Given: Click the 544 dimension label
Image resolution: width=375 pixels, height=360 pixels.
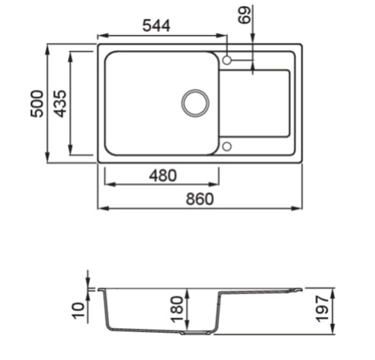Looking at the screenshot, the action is [156, 26].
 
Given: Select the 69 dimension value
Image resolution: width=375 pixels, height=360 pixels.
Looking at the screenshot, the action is [245, 15].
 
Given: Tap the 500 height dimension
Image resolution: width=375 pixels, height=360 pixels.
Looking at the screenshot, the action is [37, 104].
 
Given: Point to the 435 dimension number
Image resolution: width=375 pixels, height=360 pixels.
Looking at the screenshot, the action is [60, 104].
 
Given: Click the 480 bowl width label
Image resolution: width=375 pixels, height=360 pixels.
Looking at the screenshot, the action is [162, 175].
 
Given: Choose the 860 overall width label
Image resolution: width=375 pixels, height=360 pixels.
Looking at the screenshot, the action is [200, 199].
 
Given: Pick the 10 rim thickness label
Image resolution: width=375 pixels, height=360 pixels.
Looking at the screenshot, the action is [79, 310].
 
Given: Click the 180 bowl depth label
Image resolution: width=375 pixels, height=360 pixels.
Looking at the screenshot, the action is [177, 310].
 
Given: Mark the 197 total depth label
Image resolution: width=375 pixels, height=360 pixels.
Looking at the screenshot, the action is [322, 308].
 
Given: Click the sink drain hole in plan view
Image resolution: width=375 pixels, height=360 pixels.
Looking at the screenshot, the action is [195, 103].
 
